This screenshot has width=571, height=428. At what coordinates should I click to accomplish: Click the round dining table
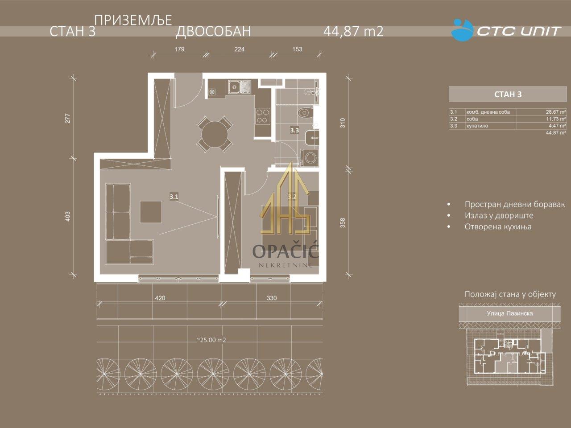[215, 134]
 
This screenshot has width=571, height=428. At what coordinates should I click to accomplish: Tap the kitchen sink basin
[235, 86]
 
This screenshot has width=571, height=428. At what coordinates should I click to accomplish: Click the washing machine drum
[311, 157]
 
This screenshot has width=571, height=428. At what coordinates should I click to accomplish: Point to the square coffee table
[151, 211]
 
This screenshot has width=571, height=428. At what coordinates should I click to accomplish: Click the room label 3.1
[174, 197]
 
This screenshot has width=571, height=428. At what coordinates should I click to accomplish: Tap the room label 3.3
[294, 130]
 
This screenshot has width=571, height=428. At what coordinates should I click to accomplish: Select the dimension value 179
[179, 49]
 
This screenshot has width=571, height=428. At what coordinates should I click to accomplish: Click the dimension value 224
[239, 49]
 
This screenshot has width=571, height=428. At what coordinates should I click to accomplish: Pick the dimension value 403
[68, 217]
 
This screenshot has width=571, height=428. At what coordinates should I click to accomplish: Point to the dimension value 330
[272, 298]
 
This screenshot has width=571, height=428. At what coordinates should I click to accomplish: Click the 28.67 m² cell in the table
[556, 112]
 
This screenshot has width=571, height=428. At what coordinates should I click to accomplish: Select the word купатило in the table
[477, 126]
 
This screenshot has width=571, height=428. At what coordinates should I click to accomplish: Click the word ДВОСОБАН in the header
[213, 32]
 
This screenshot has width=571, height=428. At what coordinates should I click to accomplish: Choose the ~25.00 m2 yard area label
[211, 340]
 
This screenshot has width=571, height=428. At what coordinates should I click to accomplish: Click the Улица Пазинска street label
[509, 313]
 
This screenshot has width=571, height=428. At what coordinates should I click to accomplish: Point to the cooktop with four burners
[262, 116]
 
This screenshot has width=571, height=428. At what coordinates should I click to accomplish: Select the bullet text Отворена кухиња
[498, 226]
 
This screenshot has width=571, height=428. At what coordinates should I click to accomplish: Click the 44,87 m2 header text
[353, 32]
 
